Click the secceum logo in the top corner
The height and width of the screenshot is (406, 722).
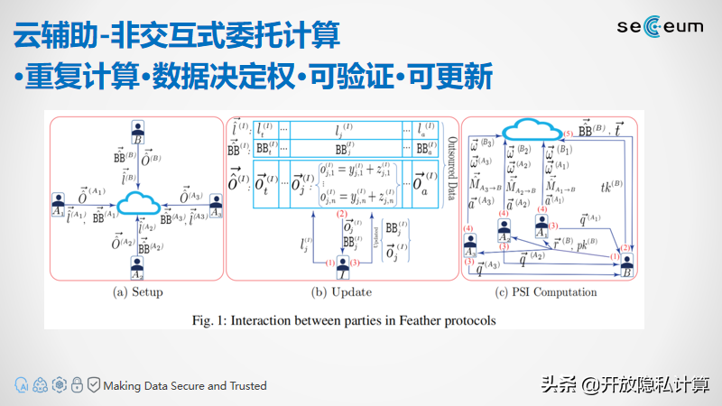pyautogui.click(x=662, y=28)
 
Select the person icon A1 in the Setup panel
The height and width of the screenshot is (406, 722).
pyautogui.click(x=59, y=198)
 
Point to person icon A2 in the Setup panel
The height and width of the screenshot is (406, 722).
pyautogui.click(x=138, y=266)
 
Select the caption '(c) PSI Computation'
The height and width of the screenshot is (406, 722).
pyautogui.click(x=546, y=292)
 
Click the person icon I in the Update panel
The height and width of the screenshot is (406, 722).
pyautogui.click(x=343, y=264)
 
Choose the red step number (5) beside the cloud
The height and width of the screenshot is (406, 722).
pyautogui.click(x=568, y=134)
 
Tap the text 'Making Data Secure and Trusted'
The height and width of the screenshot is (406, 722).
pyautogui.click(x=185, y=385)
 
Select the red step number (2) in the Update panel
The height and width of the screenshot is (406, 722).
pyautogui.click(x=342, y=214)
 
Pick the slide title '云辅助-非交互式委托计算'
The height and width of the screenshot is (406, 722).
pyautogui.click(x=177, y=36)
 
